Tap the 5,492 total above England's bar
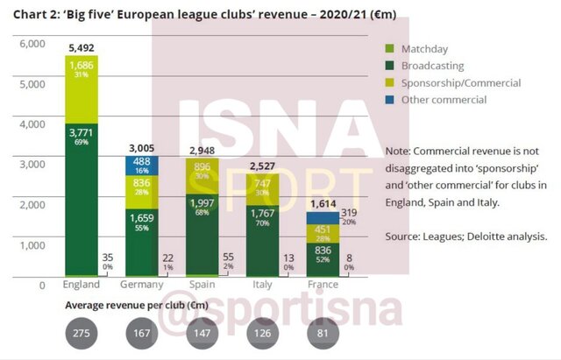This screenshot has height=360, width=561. (81, 47)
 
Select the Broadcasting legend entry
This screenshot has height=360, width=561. (431, 65)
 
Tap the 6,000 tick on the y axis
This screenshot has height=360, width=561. (32, 44)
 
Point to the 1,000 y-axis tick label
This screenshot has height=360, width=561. (32, 245)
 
